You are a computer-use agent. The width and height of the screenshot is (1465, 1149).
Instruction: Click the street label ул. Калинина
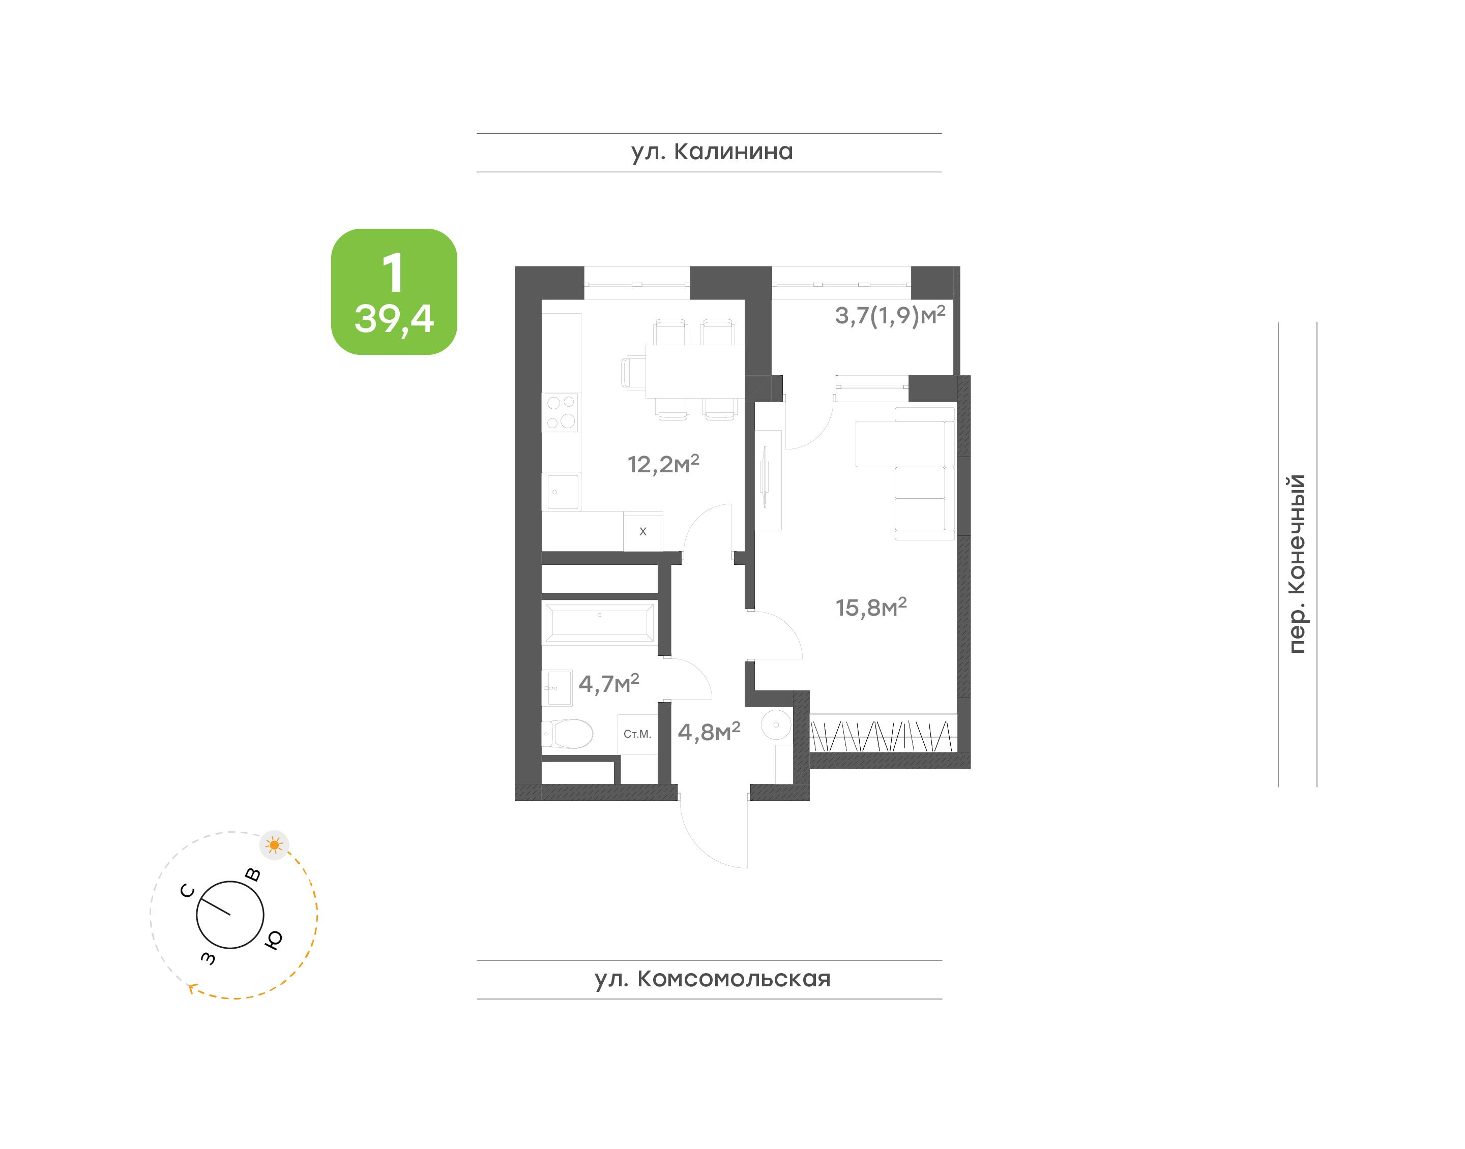[x=712, y=152]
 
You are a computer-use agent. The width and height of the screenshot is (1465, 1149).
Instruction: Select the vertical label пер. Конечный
[x=1296, y=564]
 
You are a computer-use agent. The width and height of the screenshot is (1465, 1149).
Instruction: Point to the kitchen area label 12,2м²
[x=663, y=464]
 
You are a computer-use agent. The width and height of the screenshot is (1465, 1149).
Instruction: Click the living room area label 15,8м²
[x=871, y=607]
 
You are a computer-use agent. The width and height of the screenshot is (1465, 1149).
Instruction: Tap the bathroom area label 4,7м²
[x=608, y=683]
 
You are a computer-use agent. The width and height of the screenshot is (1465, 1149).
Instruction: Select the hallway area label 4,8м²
[x=709, y=731]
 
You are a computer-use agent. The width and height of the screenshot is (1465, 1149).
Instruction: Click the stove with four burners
[x=561, y=412]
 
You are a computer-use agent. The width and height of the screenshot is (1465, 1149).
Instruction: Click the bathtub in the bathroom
[x=598, y=623]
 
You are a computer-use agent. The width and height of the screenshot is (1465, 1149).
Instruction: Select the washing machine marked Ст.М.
[x=637, y=734]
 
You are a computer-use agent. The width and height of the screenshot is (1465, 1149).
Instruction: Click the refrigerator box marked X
[x=642, y=531]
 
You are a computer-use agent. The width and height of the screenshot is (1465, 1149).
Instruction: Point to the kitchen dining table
[x=694, y=371]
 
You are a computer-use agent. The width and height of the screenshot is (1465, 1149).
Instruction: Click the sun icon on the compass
[x=274, y=845]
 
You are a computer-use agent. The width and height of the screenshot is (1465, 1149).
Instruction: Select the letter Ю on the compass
[x=273, y=940]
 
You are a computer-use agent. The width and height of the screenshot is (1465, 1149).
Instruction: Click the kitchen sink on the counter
[x=561, y=493]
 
